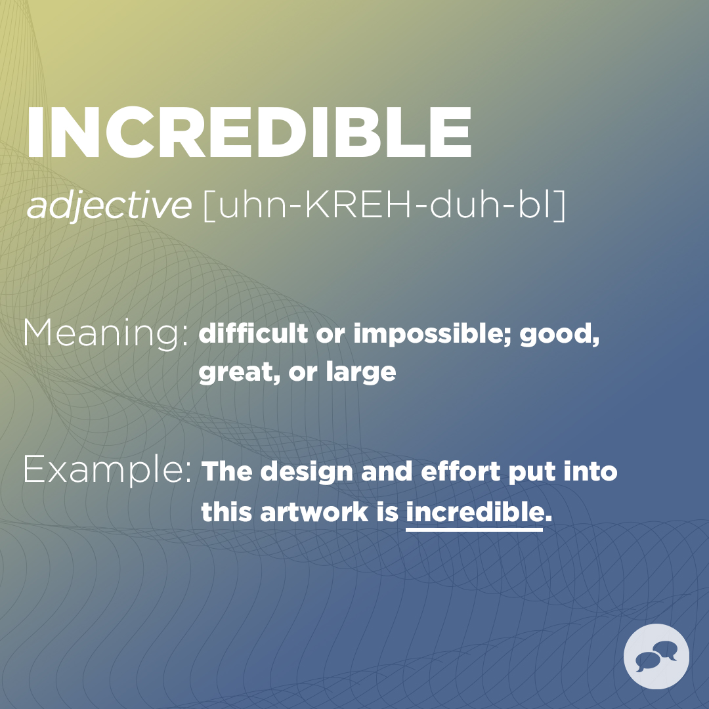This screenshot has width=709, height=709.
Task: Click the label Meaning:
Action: pos(106,333)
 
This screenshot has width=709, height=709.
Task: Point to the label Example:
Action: pos(108,470)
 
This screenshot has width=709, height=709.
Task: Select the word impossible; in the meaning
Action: pos(433,335)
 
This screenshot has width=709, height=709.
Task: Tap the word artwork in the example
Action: pos(314,513)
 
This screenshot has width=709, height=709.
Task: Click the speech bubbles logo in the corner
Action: pos(656,656)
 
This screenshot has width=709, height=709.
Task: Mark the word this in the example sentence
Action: pos(227,513)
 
